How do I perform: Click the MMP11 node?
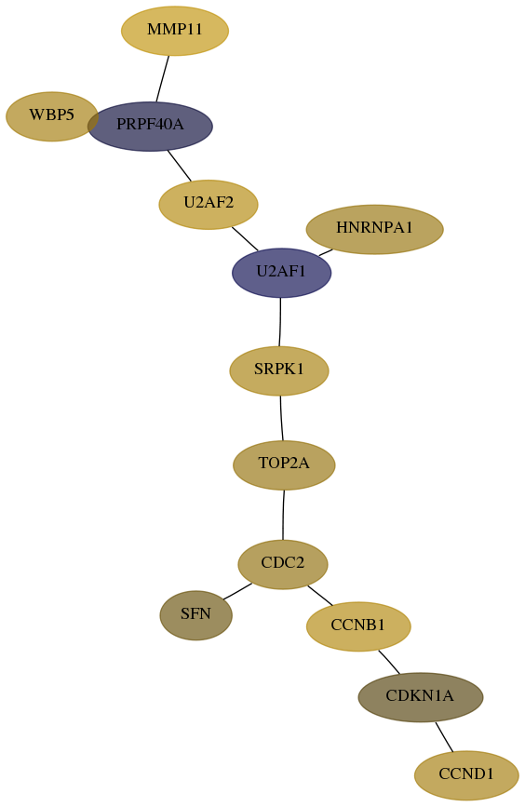[x=175, y=31]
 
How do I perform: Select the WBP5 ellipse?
[x=51, y=116]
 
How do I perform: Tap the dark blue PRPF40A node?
[x=150, y=126]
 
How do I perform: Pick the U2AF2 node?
[x=209, y=205]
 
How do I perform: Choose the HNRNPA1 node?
[x=375, y=229]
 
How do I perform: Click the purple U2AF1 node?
[x=281, y=273]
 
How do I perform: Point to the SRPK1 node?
[x=279, y=370]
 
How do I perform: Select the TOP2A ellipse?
[x=284, y=465]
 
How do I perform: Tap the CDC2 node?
[x=283, y=564]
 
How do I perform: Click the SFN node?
[x=196, y=615]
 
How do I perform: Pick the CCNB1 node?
[x=358, y=626]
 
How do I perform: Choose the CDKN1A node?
[x=421, y=697]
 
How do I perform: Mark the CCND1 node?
[x=466, y=775]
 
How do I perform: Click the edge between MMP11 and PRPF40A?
[x=163, y=79]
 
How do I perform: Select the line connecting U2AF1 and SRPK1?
[x=280, y=322]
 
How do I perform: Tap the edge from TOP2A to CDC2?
[x=283, y=515]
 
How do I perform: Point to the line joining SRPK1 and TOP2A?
[x=281, y=418]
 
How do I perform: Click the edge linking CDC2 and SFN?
[x=237, y=591]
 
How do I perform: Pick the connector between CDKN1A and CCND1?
[x=444, y=737]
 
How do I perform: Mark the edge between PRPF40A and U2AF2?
[x=179, y=166]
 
